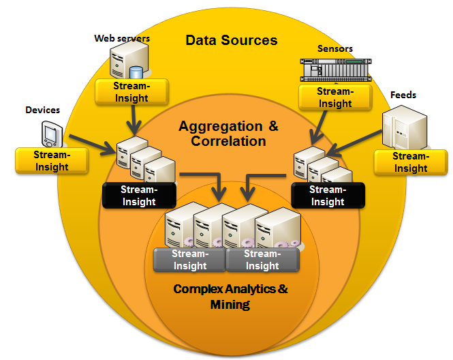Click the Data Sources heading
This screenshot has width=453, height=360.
pyautogui.click(x=232, y=40)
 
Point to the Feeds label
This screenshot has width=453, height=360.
pyautogui.click(x=403, y=95)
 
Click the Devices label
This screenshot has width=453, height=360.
pyautogui.click(x=42, y=110)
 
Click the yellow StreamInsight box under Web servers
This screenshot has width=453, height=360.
pyautogui.click(x=131, y=91)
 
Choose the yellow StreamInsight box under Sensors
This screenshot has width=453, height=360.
pyautogui.click(x=335, y=97)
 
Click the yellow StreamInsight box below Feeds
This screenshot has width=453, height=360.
pyautogui.click(x=411, y=163)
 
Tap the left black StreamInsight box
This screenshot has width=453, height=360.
pyautogui.click(x=138, y=196)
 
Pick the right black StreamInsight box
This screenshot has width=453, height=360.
pyautogui.click(x=328, y=196)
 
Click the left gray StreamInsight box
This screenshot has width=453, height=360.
pyautogui.click(x=189, y=260)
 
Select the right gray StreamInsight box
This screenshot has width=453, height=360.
pyautogui.click(x=262, y=260)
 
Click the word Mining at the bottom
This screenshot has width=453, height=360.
pyautogui.click(x=230, y=305)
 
